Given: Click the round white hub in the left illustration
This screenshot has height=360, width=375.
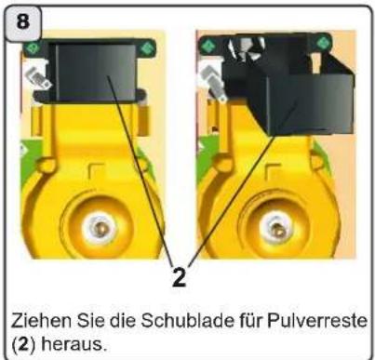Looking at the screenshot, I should [x=100, y=228].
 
